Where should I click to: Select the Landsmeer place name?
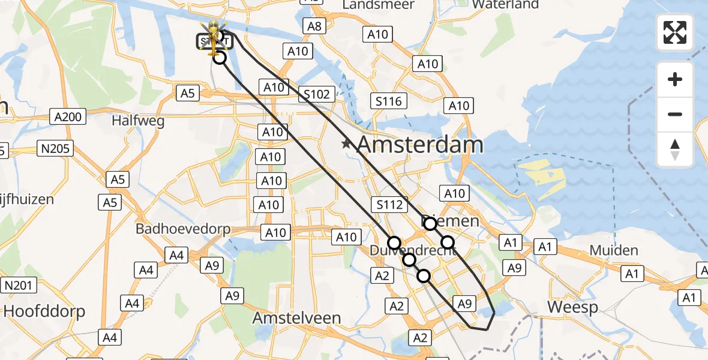[378, 5]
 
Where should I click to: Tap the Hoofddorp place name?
[44, 311]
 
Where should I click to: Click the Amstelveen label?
[296, 318]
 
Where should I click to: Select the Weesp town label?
[572, 308]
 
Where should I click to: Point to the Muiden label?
[614, 250]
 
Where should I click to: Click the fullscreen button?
[675, 32]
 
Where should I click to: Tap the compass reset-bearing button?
[675, 149]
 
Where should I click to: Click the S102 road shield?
[316, 94]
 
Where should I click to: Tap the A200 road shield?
[68, 116]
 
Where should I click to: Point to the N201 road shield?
[19, 286]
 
